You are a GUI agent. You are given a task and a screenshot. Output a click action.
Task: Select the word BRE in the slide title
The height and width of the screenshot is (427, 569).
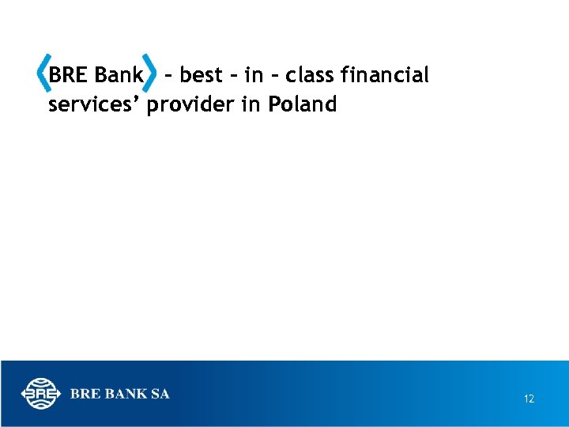pos(68,76)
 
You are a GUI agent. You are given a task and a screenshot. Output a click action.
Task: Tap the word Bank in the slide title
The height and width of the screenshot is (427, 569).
pos(119,76)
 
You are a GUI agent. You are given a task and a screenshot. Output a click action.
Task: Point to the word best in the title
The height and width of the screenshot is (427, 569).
pos(202,76)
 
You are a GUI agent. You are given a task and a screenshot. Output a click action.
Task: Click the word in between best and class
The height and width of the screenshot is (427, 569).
pos(254,76)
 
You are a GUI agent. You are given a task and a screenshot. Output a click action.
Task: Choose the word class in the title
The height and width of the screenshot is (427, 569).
pos(311,76)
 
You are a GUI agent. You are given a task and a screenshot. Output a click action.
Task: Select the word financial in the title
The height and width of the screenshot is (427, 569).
pos(386,76)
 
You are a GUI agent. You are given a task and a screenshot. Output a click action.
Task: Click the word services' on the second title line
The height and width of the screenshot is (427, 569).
pos(94,104)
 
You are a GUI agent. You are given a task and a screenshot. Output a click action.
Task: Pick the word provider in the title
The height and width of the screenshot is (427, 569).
pos(192,104)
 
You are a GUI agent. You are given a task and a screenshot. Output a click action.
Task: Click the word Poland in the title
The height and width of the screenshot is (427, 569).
pos(303,104)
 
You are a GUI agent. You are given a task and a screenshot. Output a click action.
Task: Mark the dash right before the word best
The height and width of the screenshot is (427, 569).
pos(168,77)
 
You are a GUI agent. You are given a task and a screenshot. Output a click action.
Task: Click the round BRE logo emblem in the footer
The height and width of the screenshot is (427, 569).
pos(40,393)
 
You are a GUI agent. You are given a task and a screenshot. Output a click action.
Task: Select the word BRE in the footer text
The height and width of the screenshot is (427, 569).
pos(85,393)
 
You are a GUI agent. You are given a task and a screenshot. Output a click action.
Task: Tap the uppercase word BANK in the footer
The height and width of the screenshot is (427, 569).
pos(126,393)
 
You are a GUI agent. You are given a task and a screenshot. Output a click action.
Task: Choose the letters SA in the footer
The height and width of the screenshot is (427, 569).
pos(160,393)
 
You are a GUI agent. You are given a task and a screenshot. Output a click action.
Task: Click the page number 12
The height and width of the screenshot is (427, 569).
pos(529,399)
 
